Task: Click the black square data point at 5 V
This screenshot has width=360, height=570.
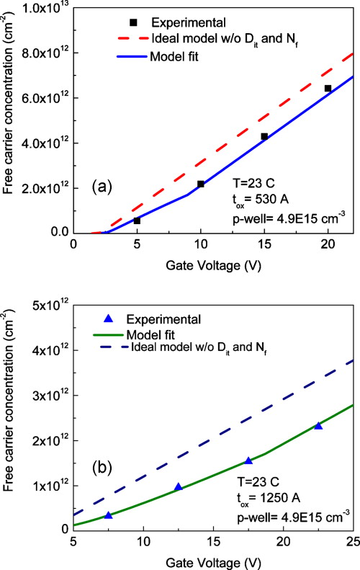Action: tap(137, 221)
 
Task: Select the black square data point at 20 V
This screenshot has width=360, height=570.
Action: tap(328, 89)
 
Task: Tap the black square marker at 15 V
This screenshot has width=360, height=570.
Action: tap(264, 136)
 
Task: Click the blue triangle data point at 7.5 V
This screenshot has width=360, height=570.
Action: tap(108, 515)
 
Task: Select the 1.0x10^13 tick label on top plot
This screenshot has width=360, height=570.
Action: tap(41, 8)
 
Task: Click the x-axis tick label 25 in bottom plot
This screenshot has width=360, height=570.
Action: tap(353, 540)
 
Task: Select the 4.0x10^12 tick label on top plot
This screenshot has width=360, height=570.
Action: tap(41, 143)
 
